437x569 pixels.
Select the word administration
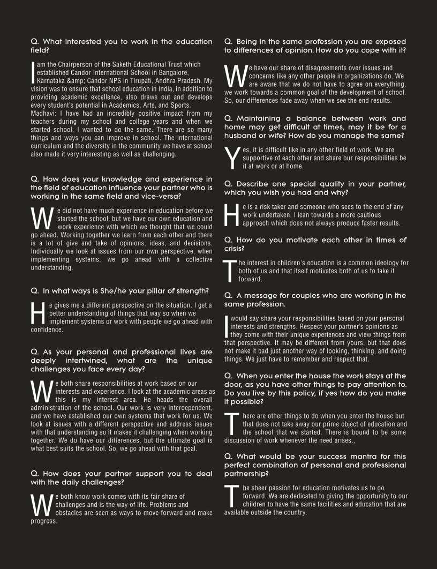coord(52,408)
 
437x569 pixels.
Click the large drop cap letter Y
coord(231,158)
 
